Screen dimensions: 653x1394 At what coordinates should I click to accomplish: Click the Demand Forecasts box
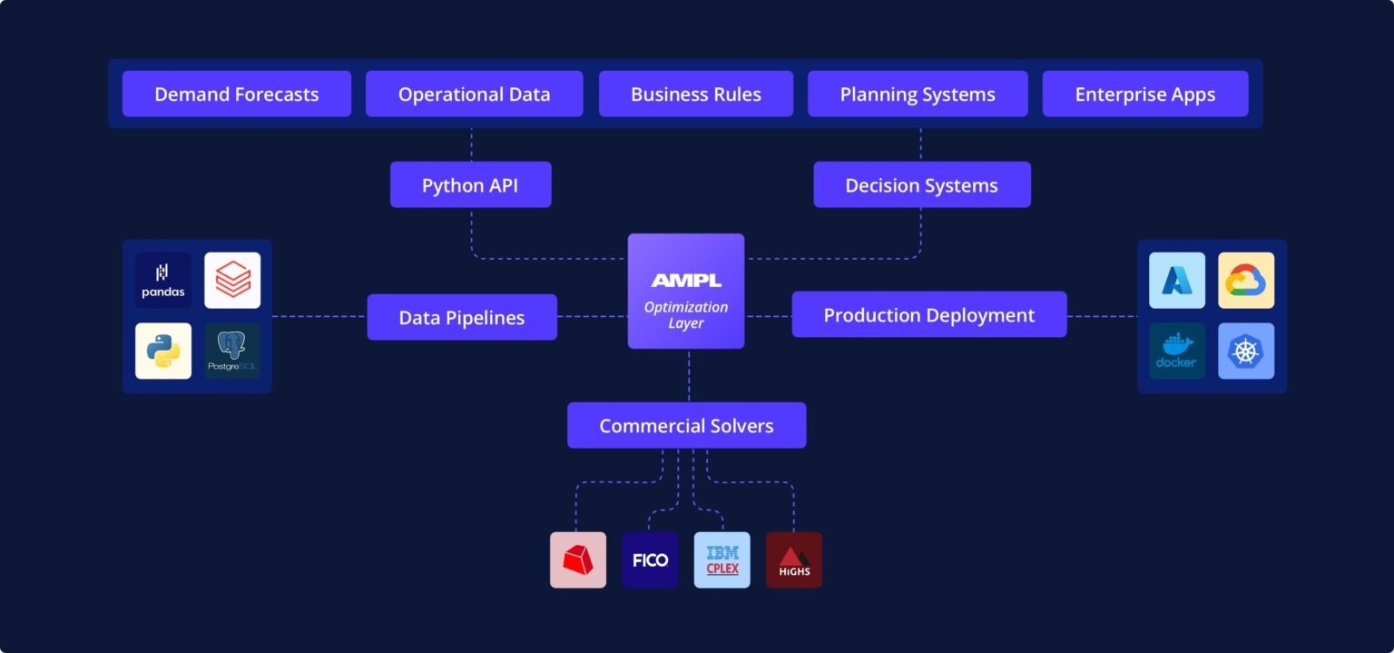236,94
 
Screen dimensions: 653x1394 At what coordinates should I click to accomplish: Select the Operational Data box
474,94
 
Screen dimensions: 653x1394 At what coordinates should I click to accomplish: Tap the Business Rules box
695,94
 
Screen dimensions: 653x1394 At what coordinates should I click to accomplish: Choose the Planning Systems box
918,94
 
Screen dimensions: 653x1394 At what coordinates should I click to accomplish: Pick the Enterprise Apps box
1144,94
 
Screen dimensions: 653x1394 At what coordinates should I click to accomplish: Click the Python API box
470,185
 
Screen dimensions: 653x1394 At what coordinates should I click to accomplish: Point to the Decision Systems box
921,185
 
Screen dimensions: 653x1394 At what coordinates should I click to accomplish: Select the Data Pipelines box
461,318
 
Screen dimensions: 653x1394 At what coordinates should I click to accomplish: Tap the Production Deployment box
928,315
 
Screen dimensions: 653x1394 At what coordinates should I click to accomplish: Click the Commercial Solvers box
686,426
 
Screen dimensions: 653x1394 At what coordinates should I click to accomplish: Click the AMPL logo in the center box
686,281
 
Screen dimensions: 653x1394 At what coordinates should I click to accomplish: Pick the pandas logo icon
163,281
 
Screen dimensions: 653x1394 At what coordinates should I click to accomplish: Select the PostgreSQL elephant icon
232,351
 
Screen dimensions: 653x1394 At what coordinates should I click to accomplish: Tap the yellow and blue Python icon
163,351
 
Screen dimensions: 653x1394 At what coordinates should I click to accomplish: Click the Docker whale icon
1176,351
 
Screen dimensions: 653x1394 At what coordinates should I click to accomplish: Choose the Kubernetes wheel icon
1245,351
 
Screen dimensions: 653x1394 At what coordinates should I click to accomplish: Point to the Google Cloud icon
1245,281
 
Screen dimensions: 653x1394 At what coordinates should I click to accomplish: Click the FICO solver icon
650,559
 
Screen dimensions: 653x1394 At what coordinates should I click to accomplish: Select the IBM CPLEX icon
722,559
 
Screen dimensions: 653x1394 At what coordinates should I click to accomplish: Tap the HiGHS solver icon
793,559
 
